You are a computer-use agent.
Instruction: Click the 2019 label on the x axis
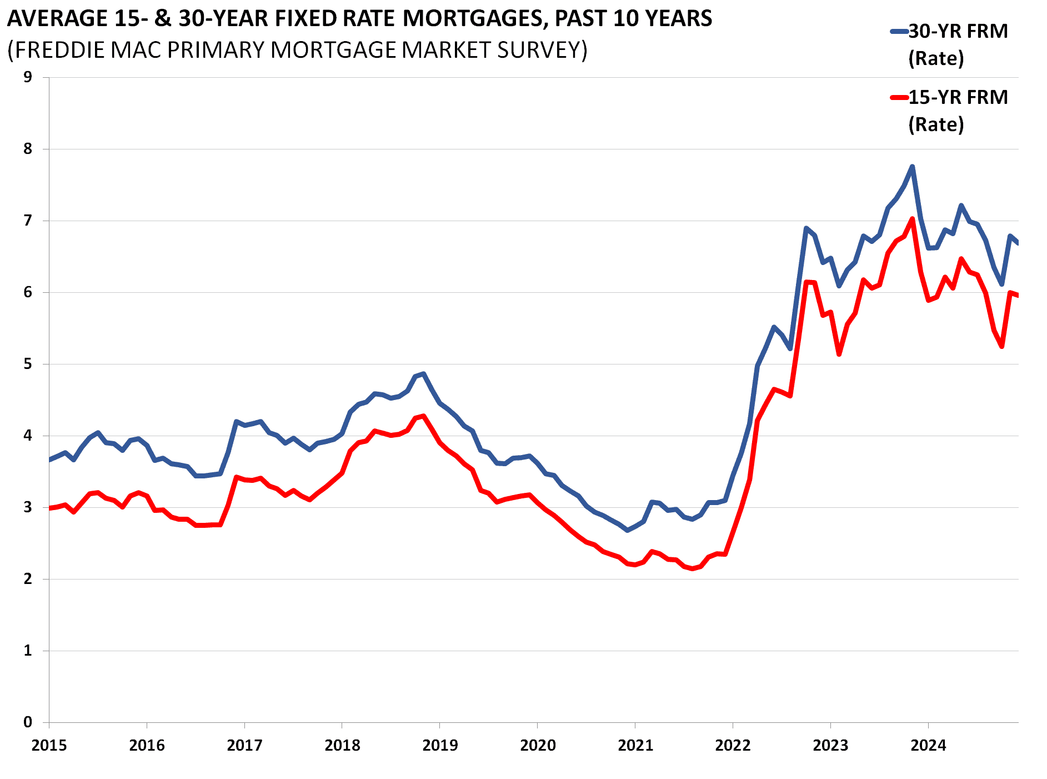tap(440, 745)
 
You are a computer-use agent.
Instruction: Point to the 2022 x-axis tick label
tap(733, 745)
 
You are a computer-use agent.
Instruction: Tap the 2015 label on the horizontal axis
tap(49, 745)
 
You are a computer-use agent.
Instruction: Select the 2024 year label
tap(928, 745)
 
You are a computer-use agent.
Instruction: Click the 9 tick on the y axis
tap(28, 77)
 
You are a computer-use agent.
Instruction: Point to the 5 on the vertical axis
tap(28, 364)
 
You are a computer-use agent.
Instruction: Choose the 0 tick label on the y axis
tap(28, 722)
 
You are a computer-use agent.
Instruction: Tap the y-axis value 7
tap(28, 221)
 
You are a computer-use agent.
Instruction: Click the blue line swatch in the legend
tap(899, 32)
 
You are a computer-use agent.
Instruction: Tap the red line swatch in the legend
tap(899, 98)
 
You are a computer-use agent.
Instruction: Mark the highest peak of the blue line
tap(912, 167)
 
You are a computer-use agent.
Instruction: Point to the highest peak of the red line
tap(912, 219)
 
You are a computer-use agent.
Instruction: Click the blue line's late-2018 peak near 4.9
tap(423, 374)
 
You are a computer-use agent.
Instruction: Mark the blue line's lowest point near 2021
tap(627, 530)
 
